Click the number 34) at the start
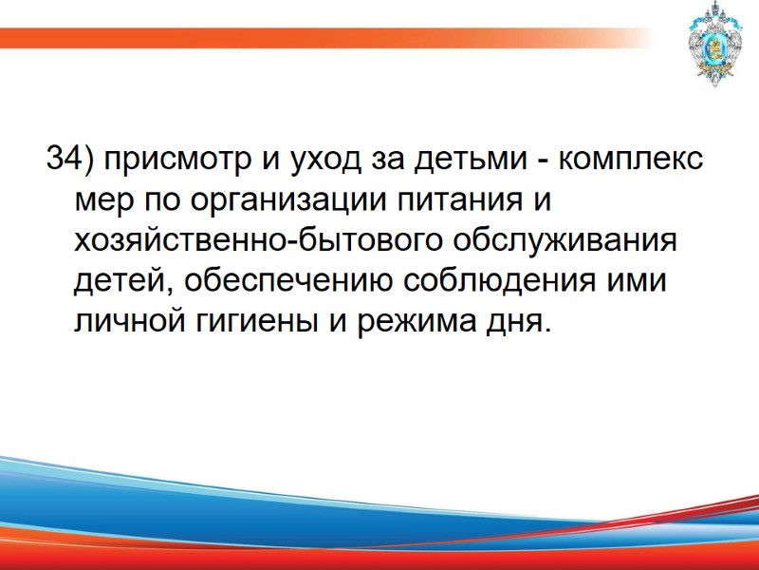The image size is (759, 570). (70, 159)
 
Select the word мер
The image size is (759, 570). (98, 200)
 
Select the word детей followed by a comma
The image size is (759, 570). (121, 282)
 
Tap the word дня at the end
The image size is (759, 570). (518, 323)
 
